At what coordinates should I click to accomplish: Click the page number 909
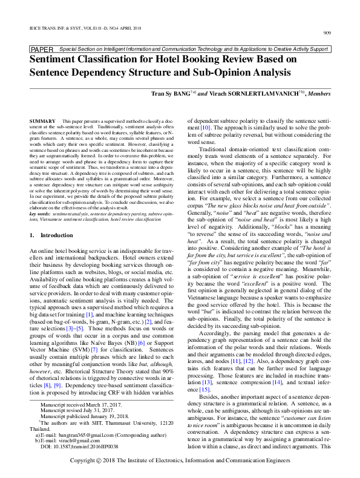(x=326, y=32)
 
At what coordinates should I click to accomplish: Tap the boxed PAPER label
(x=42, y=49)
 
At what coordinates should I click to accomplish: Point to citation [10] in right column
(x=205, y=128)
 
